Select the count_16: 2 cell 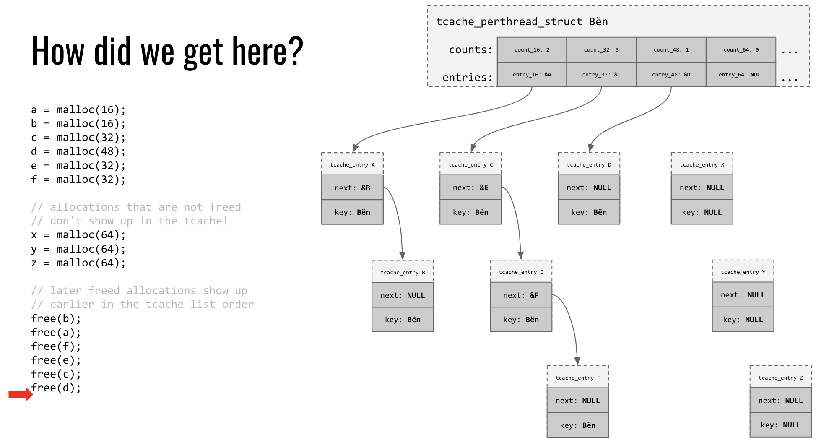pos(532,49)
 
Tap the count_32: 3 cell pos(601,49)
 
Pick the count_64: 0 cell pos(741,49)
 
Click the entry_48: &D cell pos(671,75)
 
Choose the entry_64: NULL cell pos(741,75)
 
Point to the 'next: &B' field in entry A pos(352,188)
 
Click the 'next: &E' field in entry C pos(470,188)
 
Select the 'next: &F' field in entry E pos(521,295)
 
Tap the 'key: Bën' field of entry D pos(589,212)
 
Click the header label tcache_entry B pos(403,272)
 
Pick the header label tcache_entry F pos(578,378)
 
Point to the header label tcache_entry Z pos(781,378)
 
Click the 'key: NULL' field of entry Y pos(743,319)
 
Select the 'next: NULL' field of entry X pos(702,188)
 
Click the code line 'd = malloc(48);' pos(78,151)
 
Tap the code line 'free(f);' pos(56,346)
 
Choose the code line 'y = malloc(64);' pos(78,249)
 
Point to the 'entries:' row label pos(468,77)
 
